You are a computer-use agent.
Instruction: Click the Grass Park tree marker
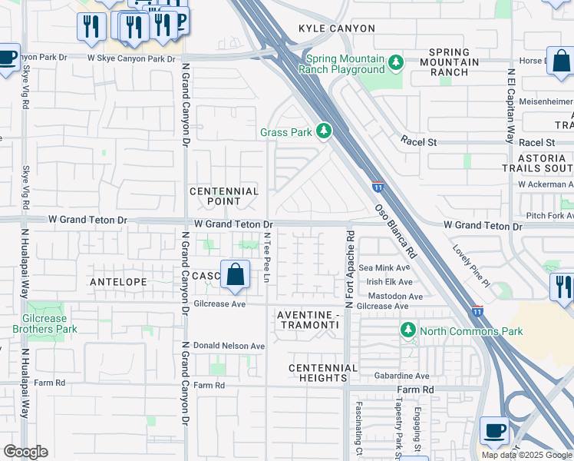(324, 132)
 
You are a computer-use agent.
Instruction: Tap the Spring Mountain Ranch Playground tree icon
(396, 61)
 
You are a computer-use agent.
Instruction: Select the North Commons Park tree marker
(408, 330)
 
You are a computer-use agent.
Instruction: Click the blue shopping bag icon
(235, 274)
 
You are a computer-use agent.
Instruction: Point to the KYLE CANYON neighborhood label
(338, 28)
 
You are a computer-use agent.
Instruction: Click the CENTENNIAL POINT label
(224, 197)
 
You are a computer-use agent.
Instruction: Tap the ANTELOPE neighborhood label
(118, 282)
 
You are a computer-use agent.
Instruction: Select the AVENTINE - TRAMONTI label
(308, 320)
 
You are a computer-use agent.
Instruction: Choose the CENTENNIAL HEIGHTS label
(323, 373)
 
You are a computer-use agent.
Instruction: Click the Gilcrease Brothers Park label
(39, 323)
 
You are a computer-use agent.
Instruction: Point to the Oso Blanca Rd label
(395, 230)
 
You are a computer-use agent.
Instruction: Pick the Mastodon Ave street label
(395, 296)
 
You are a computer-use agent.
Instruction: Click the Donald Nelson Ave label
(229, 346)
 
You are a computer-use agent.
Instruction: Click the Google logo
(26, 452)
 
